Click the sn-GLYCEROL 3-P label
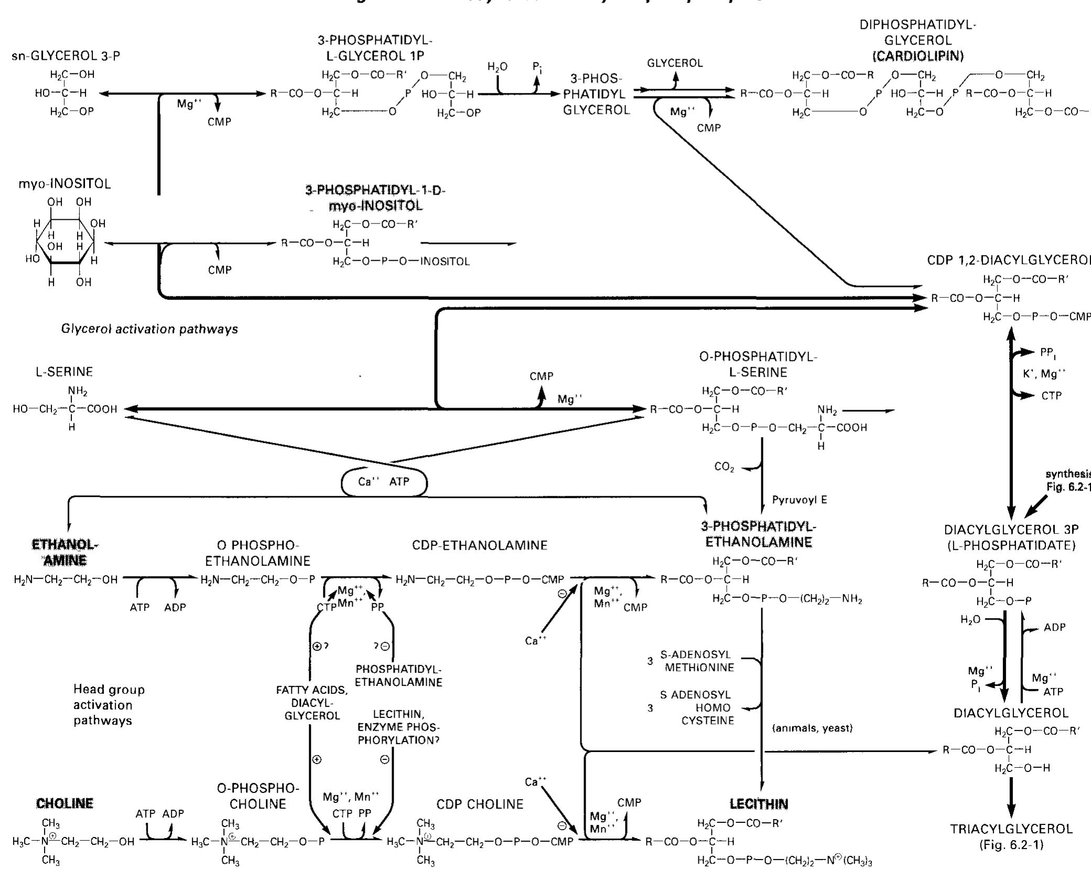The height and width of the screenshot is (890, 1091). tap(66, 56)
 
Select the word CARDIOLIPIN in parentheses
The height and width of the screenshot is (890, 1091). tap(917, 56)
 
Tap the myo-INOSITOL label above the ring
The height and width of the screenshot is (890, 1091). tap(64, 184)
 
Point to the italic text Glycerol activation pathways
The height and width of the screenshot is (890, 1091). tap(149, 329)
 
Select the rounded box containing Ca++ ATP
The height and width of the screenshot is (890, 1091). tap(384, 481)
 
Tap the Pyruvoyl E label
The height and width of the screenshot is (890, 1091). tap(800, 500)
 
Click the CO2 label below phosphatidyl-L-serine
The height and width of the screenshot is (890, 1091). tap(724, 467)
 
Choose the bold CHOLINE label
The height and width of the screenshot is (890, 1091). tap(64, 803)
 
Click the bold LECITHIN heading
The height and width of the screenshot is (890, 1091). tap(759, 804)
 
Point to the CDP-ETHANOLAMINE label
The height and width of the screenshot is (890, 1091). tap(480, 545)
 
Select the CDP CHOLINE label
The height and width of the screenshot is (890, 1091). tap(480, 805)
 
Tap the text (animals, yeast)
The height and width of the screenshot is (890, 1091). tap(813, 728)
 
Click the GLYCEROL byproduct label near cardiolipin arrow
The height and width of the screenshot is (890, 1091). tap(675, 63)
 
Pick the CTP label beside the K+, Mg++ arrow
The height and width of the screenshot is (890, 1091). tap(1051, 396)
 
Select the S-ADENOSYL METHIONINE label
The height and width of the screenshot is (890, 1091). tap(697, 661)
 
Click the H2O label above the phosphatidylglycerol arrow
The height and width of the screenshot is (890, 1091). tap(497, 67)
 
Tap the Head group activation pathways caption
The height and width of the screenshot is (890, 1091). tap(109, 705)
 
